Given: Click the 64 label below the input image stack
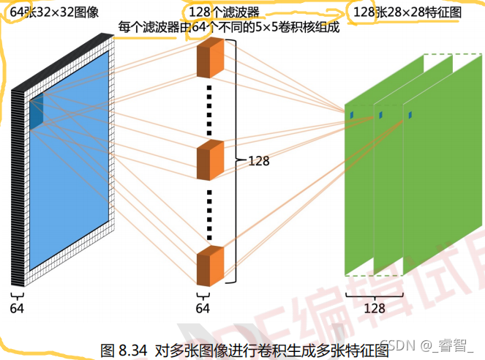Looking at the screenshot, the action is tap(17, 308).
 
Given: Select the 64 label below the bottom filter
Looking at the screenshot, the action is tap(203, 308).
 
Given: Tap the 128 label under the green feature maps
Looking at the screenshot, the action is tap(374, 308).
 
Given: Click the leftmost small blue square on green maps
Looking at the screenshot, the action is tap(350, 115).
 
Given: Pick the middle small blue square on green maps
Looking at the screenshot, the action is tap(380, 115).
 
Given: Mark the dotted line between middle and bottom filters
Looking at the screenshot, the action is tap(209, 216).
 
